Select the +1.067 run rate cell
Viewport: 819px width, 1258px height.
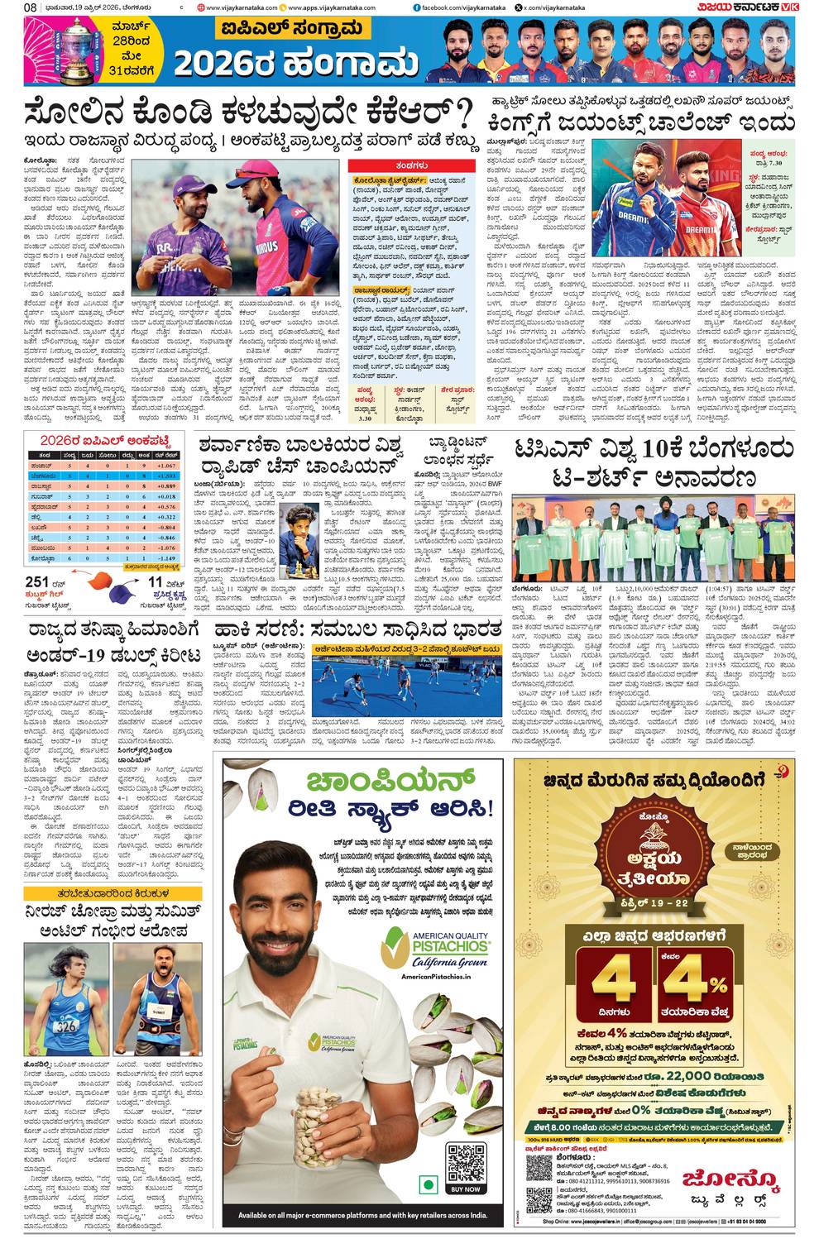tap(166, 466)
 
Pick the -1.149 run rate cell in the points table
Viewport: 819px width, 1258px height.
tap(166, 558)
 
